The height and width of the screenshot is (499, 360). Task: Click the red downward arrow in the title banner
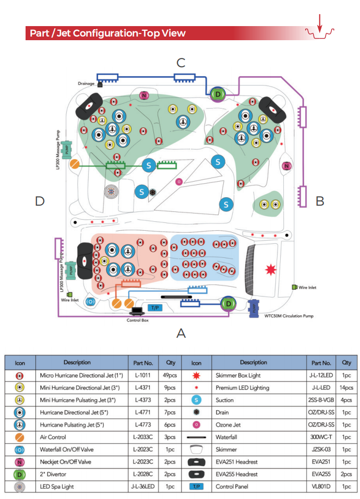click(320, 23)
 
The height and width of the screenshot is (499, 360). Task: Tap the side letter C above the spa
click(181, 63)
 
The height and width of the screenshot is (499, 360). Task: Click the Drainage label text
click(86, 84)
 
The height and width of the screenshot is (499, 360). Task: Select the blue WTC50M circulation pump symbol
click(254, 308)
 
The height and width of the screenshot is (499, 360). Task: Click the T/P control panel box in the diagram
click(155, 307)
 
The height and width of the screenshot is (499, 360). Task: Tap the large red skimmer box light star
click(271, 270)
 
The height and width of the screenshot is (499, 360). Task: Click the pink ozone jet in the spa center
click(179, 182)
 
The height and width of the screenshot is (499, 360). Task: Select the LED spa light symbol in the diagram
click(111, 192)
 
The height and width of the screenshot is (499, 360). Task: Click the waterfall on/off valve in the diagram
click(90, 301)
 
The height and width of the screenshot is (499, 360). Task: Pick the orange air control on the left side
click(75, 164)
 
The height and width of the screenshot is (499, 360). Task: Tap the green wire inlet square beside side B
click(294, 287)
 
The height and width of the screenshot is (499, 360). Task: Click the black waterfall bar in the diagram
click(176, 297)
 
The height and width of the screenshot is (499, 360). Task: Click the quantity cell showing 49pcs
click(170, 375)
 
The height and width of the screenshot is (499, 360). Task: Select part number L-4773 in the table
click(143, 425)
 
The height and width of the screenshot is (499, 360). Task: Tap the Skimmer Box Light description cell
click(238, 375)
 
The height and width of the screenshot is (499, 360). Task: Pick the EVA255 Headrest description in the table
click(236, 474)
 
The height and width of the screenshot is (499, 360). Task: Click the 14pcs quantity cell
click(346, 388)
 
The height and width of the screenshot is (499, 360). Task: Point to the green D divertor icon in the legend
click(19, 474)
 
